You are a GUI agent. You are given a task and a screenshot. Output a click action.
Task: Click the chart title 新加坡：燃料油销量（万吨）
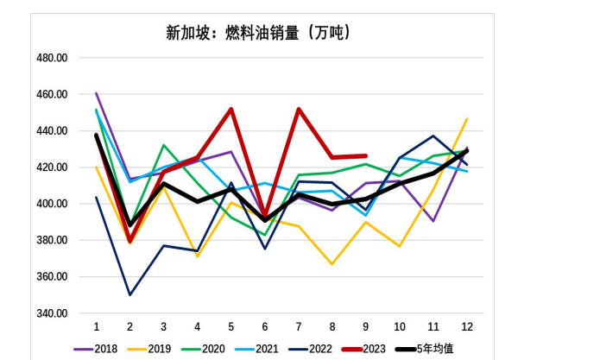[x=258, y=33]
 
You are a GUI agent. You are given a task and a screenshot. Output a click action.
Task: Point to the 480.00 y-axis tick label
[x=53, y=58]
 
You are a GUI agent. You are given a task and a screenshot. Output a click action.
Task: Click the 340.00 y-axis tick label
[x=53, y=313]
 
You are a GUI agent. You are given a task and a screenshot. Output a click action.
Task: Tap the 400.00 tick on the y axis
[x=53, y=204]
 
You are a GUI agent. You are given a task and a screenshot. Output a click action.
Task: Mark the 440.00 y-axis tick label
[x=53, y=131]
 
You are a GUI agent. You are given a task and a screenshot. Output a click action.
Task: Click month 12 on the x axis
[x=467, y=327]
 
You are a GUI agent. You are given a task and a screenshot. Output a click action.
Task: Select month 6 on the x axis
[x=264, y=327]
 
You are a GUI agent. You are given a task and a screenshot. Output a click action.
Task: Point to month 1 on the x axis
[x=96, y=327]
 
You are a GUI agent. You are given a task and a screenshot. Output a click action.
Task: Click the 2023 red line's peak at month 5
[x=231, y=109]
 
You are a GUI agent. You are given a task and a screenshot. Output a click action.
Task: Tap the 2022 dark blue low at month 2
[x=130, y=295]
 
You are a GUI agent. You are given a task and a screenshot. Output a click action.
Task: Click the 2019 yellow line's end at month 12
[x=467, y=119]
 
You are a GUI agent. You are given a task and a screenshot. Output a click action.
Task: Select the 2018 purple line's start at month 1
[x=96, y=93]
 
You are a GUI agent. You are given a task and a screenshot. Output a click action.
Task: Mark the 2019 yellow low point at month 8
[x=332, y=264]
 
